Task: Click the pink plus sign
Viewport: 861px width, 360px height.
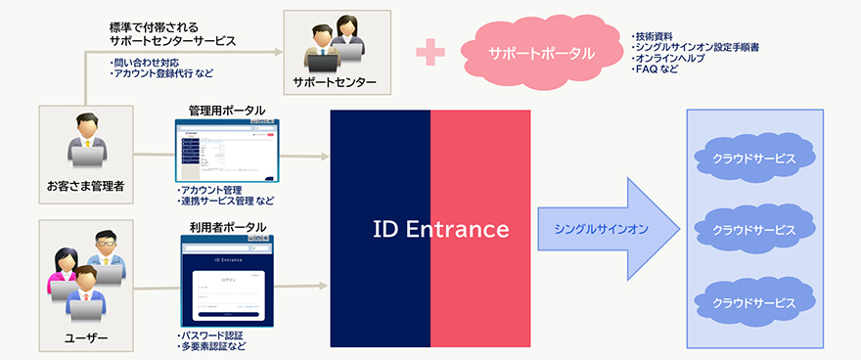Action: click(x=430, y=53)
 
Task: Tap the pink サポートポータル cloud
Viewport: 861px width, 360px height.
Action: click(x=541, y=53)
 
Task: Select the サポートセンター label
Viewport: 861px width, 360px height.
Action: click(x=335, y=81)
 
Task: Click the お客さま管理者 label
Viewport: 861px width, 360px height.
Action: click(x=85, y=184)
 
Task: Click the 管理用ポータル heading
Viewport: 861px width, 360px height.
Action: click(x=227, y=111)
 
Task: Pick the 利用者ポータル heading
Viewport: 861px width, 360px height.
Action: click(x=227, y=227)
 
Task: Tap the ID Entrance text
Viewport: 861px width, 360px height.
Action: click(x=441, y=230)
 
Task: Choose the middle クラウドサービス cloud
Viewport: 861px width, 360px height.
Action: click(x=754, y=230)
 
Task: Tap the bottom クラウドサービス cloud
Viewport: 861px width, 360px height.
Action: click(x=754, y=301)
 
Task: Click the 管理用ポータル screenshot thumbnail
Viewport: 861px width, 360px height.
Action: click(x=227, y=150)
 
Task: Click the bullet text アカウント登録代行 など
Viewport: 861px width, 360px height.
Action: click(x=161, y=73)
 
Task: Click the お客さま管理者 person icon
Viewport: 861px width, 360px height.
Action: click(x=85, y=143)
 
